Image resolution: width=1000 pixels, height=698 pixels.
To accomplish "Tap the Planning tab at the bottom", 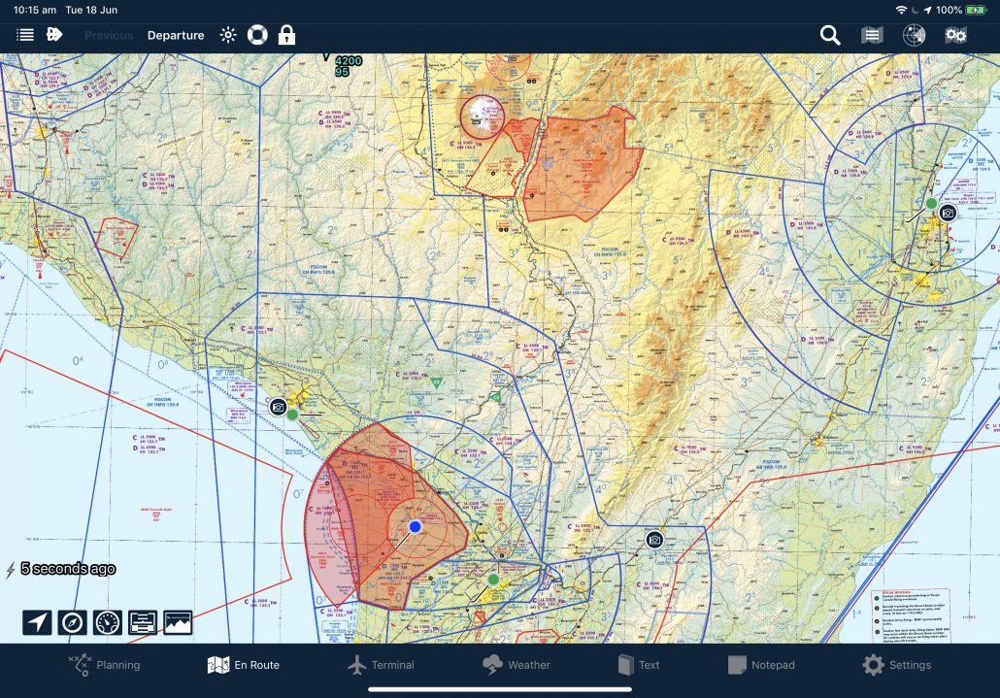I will coord(104,665).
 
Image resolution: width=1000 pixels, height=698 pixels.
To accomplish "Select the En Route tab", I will coord(244,665).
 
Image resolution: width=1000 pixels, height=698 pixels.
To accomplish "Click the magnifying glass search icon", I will coord(829,36).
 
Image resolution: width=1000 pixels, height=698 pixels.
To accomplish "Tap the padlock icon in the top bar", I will coord(286,36).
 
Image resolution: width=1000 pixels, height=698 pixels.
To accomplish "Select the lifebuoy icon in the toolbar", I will coord(256,36).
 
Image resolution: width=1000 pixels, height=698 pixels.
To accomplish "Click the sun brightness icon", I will coord(228,36).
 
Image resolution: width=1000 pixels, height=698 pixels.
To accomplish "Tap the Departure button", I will coord(176,36).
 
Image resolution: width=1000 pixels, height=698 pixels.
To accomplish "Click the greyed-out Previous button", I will coord(109,36).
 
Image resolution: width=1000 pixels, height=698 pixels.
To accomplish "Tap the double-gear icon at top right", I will coord(955,36).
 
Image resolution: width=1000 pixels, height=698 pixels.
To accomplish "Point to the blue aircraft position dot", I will coord(415,526).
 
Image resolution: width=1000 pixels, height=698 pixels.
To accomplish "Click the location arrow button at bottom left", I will coord(37,622).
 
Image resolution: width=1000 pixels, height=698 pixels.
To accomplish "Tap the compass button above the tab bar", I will coord(73,622).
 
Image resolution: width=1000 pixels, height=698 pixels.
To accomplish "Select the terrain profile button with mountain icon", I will coord(178,622).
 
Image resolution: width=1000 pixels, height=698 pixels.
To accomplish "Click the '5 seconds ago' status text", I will coord(68,569).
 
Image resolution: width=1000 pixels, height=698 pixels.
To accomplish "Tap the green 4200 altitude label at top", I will coord(348,61).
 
